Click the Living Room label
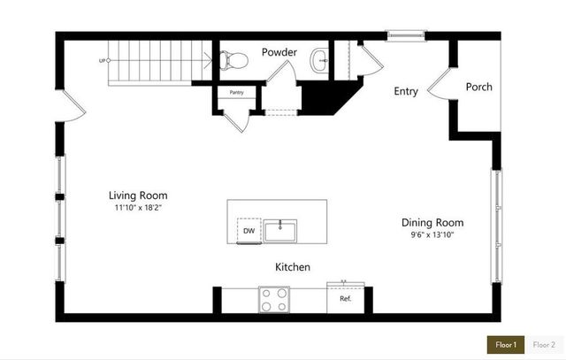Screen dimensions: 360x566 pos(138,195)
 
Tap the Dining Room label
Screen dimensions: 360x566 pos(432,223)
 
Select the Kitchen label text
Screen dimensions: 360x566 pos(292,266)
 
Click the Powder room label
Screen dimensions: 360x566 pos(279,52)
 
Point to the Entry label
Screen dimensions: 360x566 pos(407,90)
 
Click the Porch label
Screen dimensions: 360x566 pos(479,87)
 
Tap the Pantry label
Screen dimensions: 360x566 pos(236,92)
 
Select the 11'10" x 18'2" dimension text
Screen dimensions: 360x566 pos(138,208)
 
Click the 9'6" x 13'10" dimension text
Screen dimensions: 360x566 pos(432,235)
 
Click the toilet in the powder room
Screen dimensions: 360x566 pos(233,60)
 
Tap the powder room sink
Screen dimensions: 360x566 pos(319,60)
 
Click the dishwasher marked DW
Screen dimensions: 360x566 pos(249,231)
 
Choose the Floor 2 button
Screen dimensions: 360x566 pos(544,344)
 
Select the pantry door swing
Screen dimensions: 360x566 pos(237,120)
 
